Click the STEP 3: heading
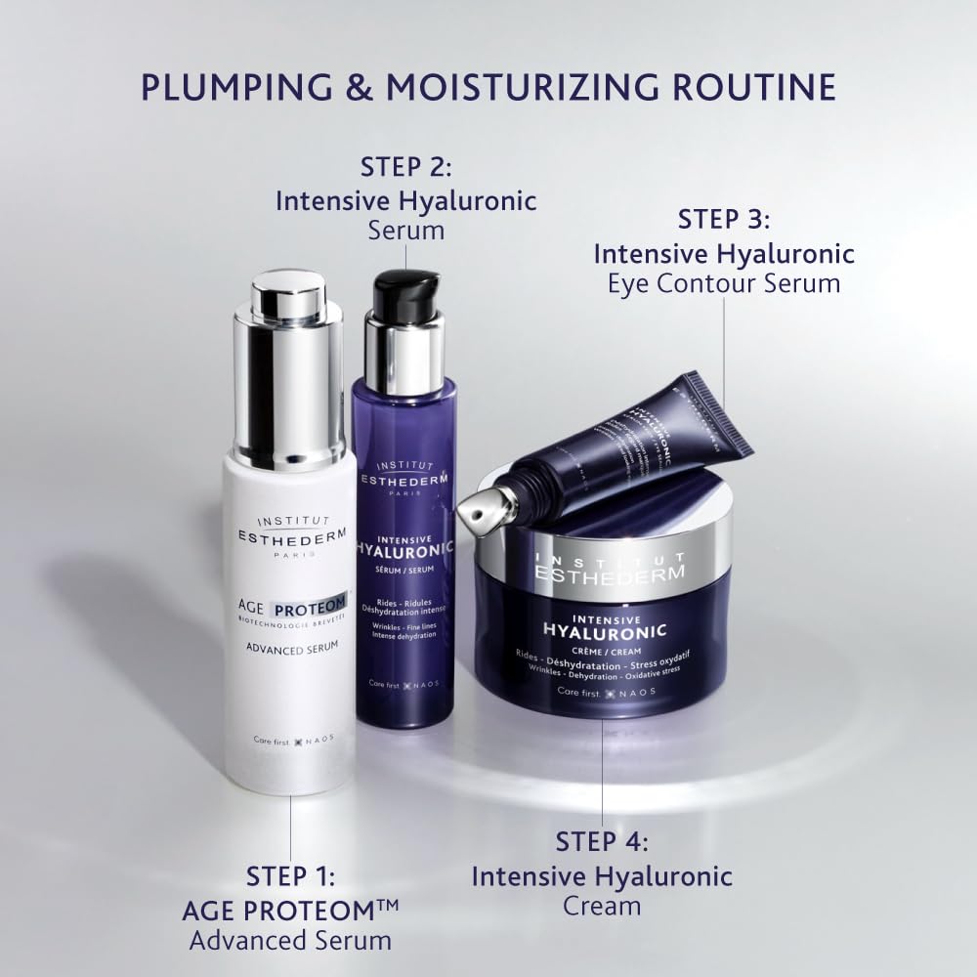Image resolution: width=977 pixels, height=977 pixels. [x=724, y=218]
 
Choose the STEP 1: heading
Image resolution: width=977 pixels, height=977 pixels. [x=290, y=876]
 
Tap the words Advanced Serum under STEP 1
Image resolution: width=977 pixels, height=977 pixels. [x=290, y=941]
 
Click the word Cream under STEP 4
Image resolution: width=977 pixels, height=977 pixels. [x=602, y=905]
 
